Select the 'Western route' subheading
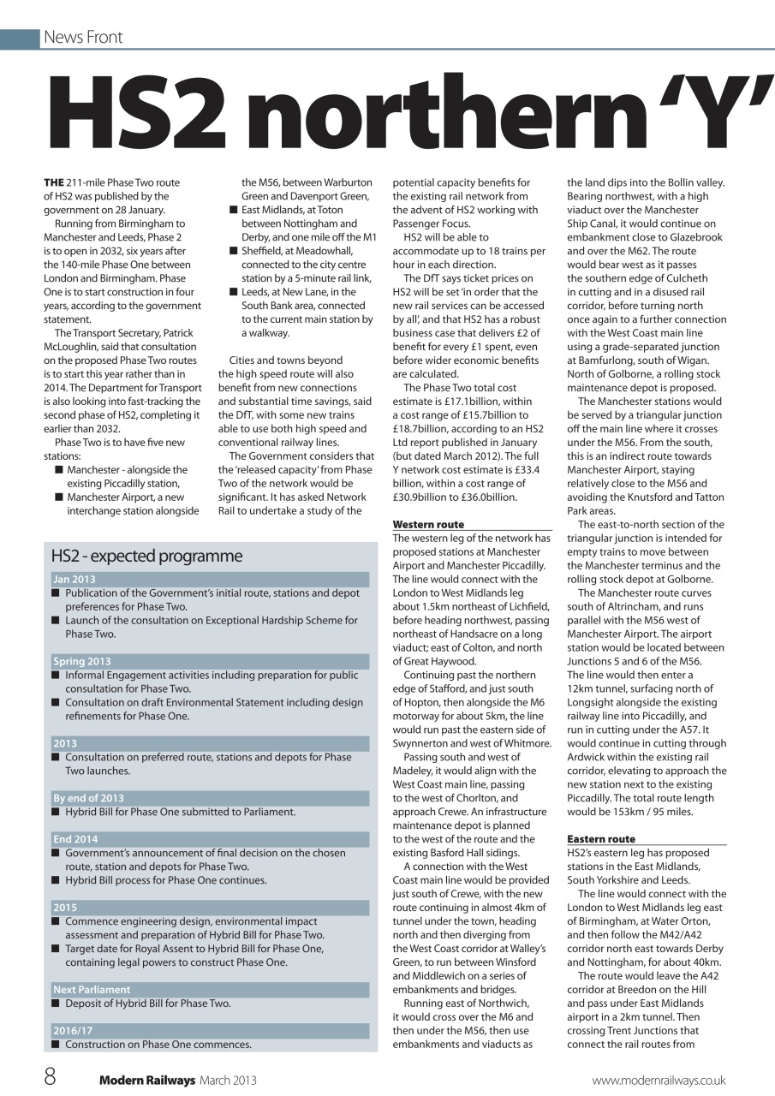tap(428, 524)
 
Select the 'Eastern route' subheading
tap(601, 839)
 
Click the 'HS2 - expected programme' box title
tap(146, 556)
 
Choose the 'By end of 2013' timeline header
tap(88, 798)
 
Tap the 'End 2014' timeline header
tap(75, 839)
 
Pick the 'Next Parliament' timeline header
tap(92, 989)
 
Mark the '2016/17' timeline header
tap(73, 1030)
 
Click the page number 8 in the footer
tap(51, 1076)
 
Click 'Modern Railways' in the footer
tap(147, 1081)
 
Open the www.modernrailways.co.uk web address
tap(659, 1081)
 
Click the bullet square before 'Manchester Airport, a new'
tap(58, 497)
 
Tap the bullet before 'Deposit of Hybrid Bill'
tap(56, 1004)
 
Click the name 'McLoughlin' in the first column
tap(82, 347)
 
